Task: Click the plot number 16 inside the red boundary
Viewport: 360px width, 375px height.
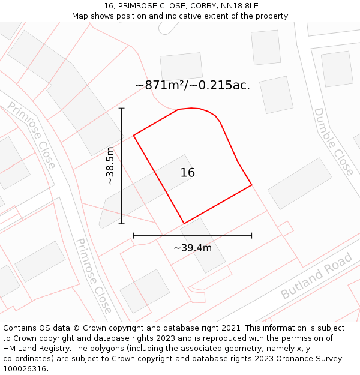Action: pos(187,173)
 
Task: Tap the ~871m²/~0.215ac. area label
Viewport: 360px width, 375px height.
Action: pos(193,85)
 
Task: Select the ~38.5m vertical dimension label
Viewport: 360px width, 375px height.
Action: pos(110,166)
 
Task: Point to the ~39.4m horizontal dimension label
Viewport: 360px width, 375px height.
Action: pos(193,248)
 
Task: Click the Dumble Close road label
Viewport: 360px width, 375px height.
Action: pos(334,142)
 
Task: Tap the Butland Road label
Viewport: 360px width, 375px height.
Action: pos(317,277)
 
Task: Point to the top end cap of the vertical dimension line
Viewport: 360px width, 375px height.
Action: pos(122,108)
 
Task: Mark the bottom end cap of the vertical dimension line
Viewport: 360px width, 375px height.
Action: pos(122,224)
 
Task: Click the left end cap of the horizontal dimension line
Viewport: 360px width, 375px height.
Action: pos(133,236)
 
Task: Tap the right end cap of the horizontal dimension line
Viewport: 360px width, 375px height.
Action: pos(251,236)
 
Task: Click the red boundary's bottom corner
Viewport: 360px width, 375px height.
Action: pos(184,224)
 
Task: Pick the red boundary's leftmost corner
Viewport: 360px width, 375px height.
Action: pos(133,135)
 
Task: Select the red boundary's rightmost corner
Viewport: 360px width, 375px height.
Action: pos(251,185)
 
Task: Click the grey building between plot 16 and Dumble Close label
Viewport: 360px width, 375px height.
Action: pos(300,184)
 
